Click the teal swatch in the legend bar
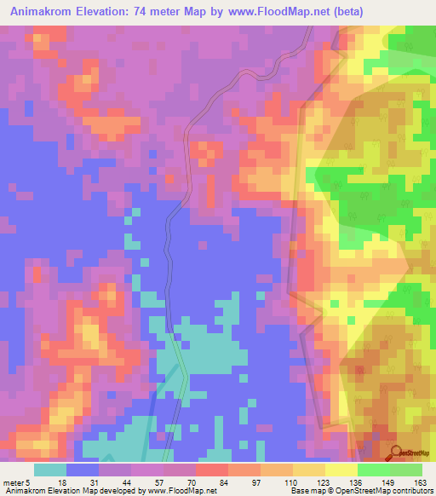50,470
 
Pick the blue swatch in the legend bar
83,470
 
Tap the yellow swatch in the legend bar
341,470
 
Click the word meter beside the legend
14,482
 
